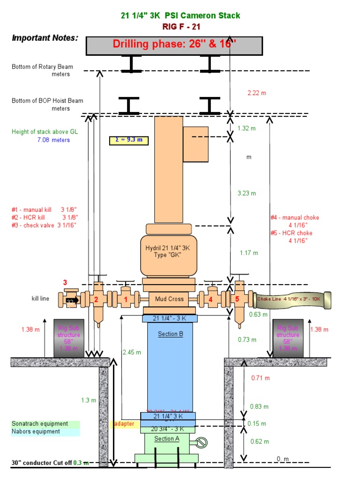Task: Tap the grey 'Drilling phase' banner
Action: click(x=174, y=45)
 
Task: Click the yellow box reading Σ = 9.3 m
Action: click(x=129, y=140)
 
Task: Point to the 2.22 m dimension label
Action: click(x=256, y=93)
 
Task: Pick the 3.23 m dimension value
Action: click(x=247, y=193)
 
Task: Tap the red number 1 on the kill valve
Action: click(x=126, y=299)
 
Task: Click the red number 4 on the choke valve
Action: click(x=210, y=299)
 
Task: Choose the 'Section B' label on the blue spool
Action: click(x=170, y=334)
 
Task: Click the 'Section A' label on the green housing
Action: click(x=167, y=439)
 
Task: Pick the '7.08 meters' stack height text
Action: click(x=53, y=140)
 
